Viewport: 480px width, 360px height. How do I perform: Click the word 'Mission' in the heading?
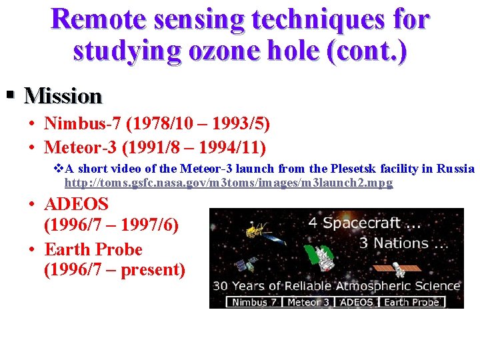click(63, 97)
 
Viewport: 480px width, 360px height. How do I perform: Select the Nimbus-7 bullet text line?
click(157, 124)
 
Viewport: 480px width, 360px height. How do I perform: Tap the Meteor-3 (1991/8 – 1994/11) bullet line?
click(155, 146)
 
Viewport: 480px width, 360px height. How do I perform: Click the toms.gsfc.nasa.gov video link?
click(228, 183)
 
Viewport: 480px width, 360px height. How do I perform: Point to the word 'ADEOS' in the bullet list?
click(76, 204)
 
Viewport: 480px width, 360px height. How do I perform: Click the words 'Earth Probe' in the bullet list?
click(93, 249)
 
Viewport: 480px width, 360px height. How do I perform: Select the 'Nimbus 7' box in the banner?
click(254, 302)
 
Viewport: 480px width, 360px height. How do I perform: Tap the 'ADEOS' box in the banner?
click(356, 302)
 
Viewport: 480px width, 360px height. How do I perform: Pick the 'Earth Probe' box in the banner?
click(411, 302)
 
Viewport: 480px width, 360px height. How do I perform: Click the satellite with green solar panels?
click(319, 256)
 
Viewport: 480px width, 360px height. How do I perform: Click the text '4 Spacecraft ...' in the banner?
click(363, 223)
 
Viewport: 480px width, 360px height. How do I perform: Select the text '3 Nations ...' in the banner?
click(403, 243)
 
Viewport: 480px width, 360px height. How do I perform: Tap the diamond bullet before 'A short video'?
click(57, 169)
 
